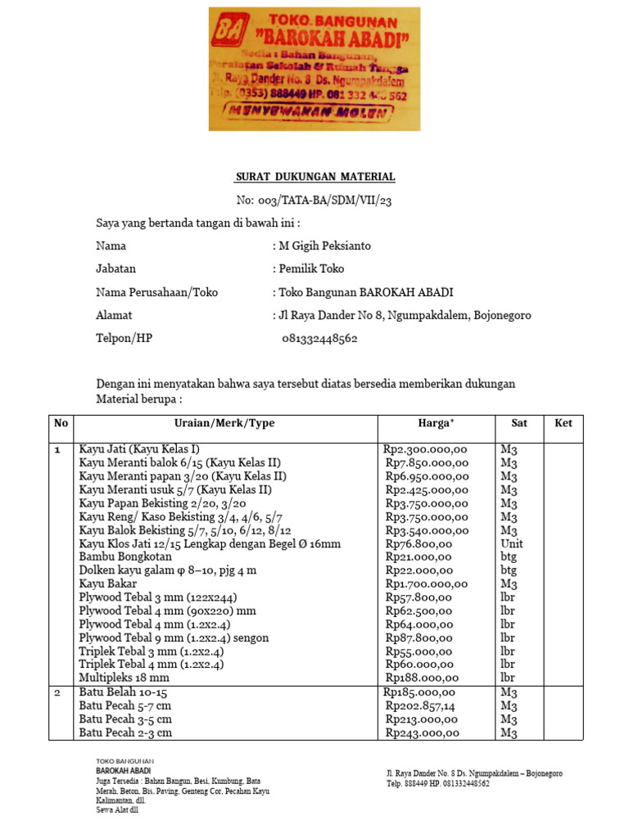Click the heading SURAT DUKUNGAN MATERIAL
pos(315,177)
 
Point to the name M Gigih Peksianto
pos(325,246)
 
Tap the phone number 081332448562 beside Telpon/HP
pos(319,339)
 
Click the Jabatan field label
pos(116,268)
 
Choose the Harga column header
pos(435,423)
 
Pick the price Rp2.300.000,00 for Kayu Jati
pos(425,449)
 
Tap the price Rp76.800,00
pos(419,543)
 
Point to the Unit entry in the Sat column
pos(511,543)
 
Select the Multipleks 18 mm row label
pos(124,678)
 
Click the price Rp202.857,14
pos(423,705)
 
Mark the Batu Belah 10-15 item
pos(123,692)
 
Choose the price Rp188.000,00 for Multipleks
pos(422,678)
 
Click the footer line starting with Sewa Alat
pos(117,810)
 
